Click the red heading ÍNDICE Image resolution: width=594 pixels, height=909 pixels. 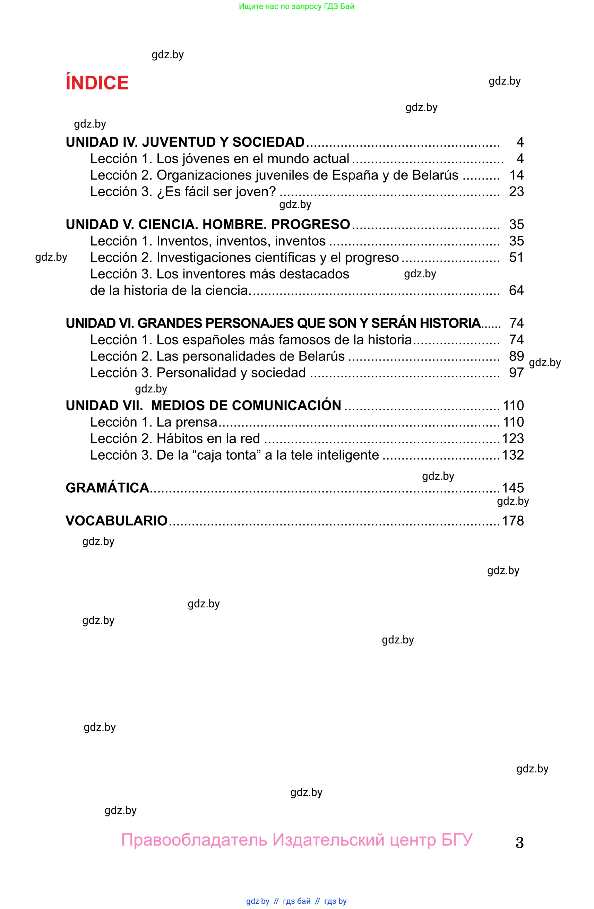click(97, 83)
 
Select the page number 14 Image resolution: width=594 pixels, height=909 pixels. click(516, 175)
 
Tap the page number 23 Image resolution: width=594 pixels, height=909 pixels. click(516, 191)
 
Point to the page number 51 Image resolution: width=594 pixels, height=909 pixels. click(516, 258)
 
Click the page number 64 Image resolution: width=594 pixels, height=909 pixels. click(516, 290)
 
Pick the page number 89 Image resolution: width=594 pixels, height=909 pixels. click(516, 356)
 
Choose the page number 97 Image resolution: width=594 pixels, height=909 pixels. click(516, 372)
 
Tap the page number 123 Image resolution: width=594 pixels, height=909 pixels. click(513, 439)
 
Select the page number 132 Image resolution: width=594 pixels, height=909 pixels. click(513, 455)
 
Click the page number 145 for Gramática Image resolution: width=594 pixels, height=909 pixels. click(513, 488)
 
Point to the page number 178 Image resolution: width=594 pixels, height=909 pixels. click(513, 521)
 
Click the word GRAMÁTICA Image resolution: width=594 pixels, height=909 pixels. click(107, 488)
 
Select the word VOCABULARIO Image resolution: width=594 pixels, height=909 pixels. click(117, 521)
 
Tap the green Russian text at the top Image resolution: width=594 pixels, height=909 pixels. click(296, 7)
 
